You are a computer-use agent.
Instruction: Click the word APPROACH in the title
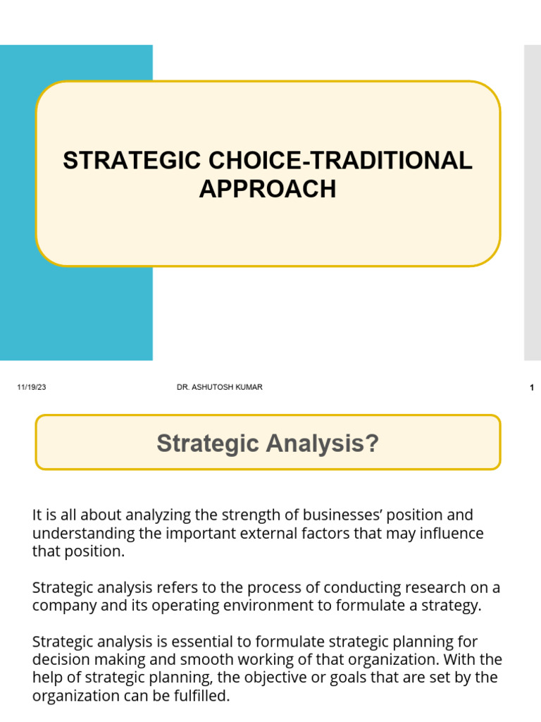coord(268,189)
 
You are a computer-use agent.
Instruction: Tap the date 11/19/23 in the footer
coord(32,388)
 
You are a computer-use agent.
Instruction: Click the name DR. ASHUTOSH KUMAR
coord(220,387)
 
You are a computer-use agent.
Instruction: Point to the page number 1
coord(532,388)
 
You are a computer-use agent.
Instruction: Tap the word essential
coord(204,642)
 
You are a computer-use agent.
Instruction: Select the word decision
coord(59,660)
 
